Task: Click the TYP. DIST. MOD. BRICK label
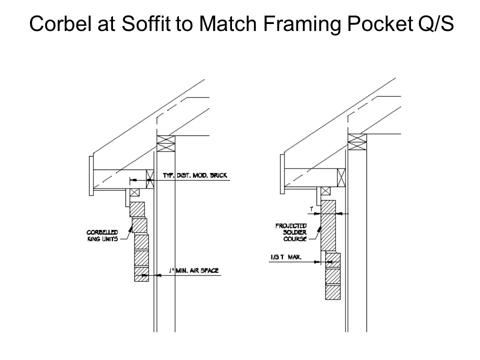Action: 194,175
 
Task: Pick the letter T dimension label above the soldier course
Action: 311,206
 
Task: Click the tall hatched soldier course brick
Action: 328,225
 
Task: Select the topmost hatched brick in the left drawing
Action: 137,209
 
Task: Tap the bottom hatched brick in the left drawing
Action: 142,274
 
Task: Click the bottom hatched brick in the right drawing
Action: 332,291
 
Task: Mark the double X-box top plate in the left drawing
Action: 164,143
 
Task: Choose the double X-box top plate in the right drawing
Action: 357,140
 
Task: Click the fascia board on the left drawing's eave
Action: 91,174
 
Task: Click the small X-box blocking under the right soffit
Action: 325,190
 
